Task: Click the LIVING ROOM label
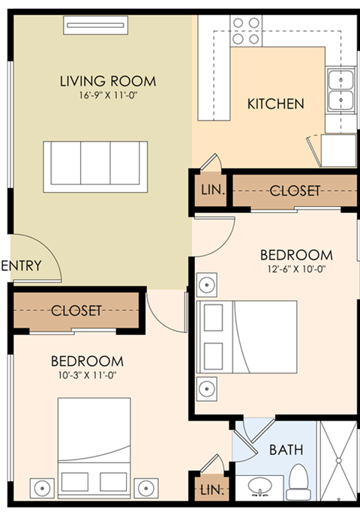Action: coord(108,81)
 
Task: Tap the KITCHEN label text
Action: coord(275,103)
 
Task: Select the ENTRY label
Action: coord(21,265)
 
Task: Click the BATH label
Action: coord(286,450)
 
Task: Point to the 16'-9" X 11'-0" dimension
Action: coord(108,95)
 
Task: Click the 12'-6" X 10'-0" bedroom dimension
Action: coord(296,269)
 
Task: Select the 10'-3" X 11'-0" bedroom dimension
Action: coord(87,375)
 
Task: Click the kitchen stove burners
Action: coord(246,31)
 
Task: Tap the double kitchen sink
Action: coord(341,90)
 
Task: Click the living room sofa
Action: coord(95,167)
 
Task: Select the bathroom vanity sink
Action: coord(259,487)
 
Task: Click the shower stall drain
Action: coord(339,461)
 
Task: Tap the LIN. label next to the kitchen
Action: coord(213,190)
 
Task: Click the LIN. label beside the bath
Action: coord(212,490)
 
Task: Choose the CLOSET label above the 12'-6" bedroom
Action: coord(295,190)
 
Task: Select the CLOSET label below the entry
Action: coord(76,310)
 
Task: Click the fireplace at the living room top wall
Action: coord(95,25)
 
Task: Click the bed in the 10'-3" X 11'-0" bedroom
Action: coord(94,448)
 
